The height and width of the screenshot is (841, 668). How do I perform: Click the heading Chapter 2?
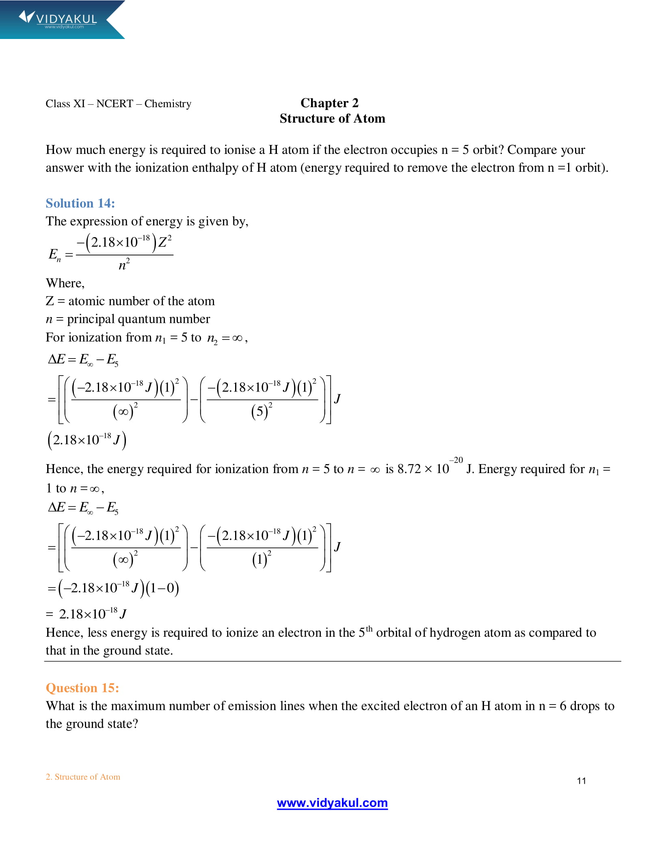(x=329, y=103)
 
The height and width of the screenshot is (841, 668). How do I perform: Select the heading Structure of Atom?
(x=332, y=119)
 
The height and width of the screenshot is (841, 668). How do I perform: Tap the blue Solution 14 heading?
(x=80, y=203)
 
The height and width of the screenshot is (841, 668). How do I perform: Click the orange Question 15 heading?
(x=82, y=688)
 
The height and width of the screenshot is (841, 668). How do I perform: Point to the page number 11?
(x=581, y=780)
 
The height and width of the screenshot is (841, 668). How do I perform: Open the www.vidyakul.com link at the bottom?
(x=332, y=803)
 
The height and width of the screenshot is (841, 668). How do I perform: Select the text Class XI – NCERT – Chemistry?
(x=118, y=104)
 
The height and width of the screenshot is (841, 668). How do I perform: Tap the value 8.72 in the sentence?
(x=409, y=469)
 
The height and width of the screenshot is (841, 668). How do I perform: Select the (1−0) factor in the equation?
(x=162, y=588)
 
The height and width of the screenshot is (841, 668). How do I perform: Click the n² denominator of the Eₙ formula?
(x=124, y=265)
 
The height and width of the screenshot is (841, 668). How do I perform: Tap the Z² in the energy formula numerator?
(x=164, y=242)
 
